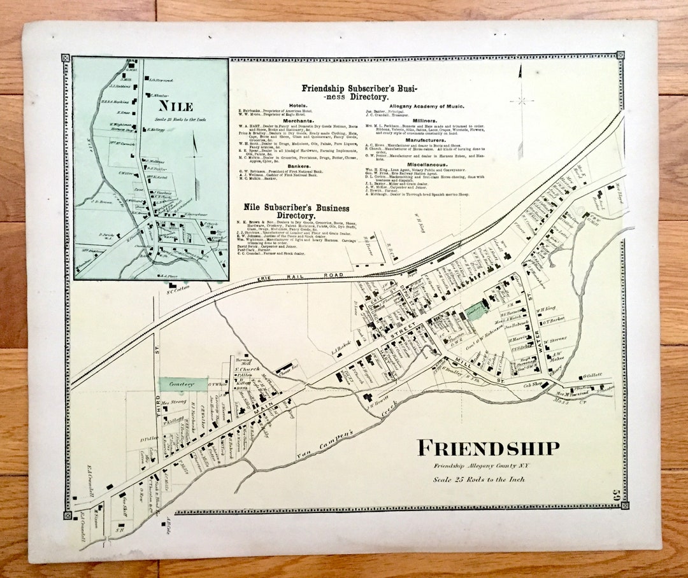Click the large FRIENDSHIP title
488,448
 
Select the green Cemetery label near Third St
183,384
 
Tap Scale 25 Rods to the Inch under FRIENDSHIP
479,479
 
